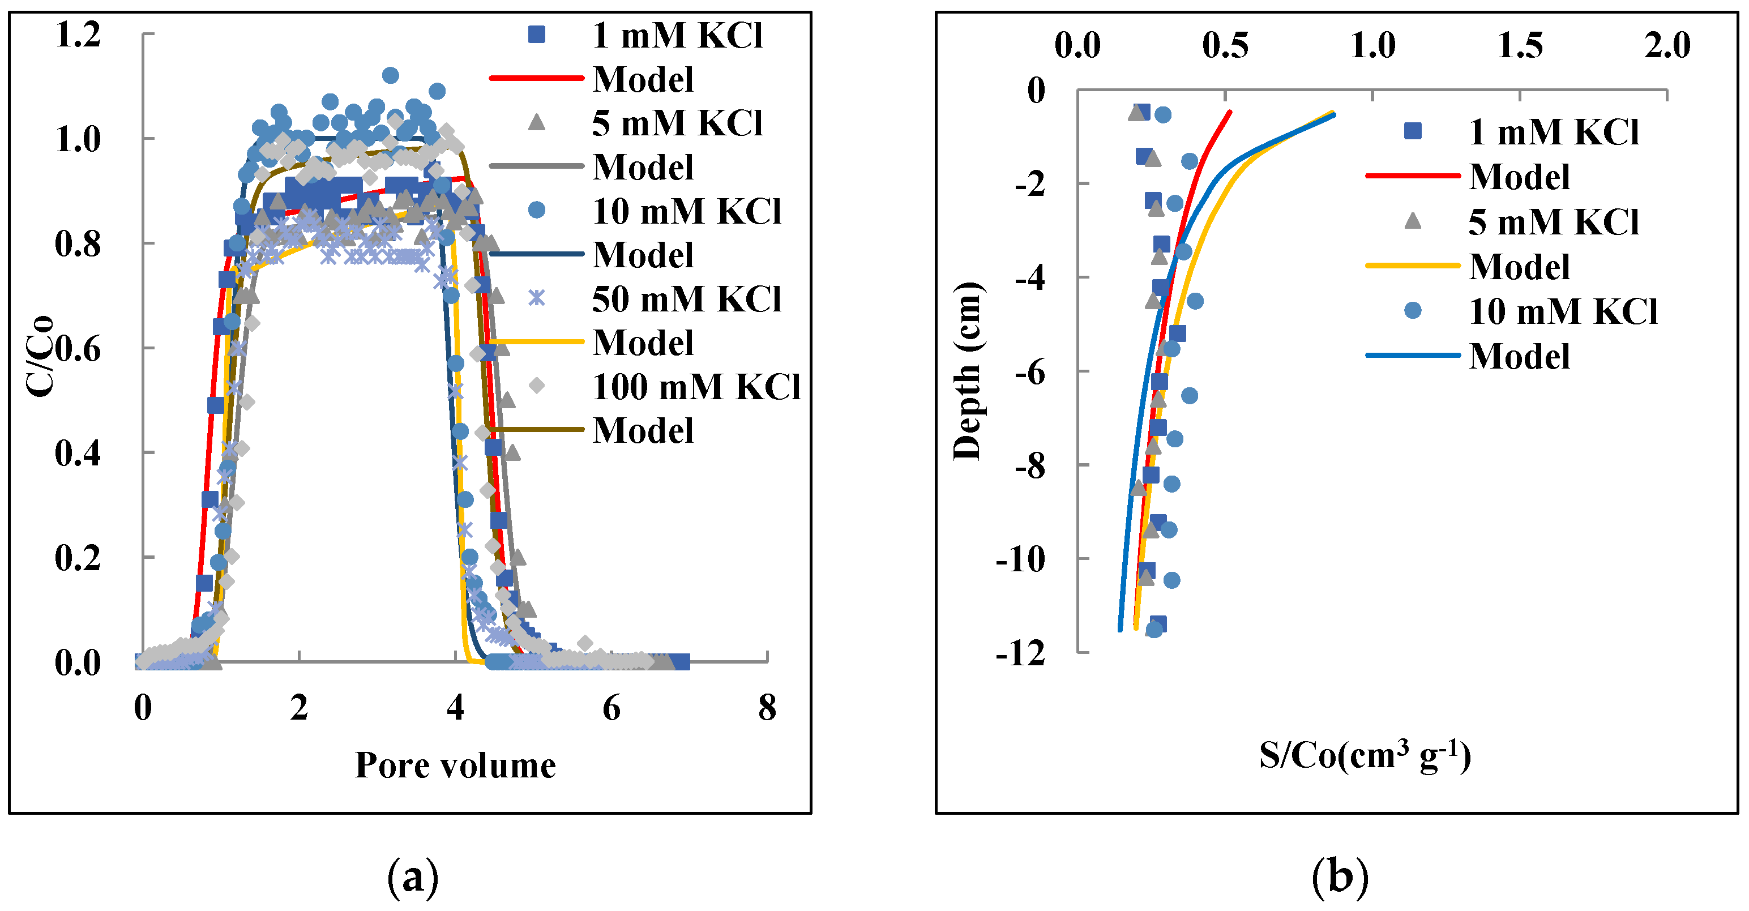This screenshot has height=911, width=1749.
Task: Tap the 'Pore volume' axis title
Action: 455,765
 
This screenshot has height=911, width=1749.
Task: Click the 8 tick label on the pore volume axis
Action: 767,708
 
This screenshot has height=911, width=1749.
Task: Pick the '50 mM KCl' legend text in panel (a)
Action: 686,299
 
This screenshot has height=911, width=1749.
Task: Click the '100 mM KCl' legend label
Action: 695,387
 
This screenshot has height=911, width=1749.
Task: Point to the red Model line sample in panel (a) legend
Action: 536,79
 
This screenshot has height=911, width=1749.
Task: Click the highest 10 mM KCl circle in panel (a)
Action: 391,75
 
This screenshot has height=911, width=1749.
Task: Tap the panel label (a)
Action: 412,877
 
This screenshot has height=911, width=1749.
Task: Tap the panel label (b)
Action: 1340,877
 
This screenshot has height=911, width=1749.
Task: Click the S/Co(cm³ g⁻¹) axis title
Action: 1365,755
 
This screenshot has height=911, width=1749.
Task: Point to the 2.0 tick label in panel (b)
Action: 1667,46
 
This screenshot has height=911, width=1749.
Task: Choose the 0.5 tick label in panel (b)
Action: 1225,46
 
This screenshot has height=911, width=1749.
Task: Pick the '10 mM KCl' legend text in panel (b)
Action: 1562,311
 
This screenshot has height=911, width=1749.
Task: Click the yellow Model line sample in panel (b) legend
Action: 1412,266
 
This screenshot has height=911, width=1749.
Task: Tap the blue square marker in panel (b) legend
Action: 1412,131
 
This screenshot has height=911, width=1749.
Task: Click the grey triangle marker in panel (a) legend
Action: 536,122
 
